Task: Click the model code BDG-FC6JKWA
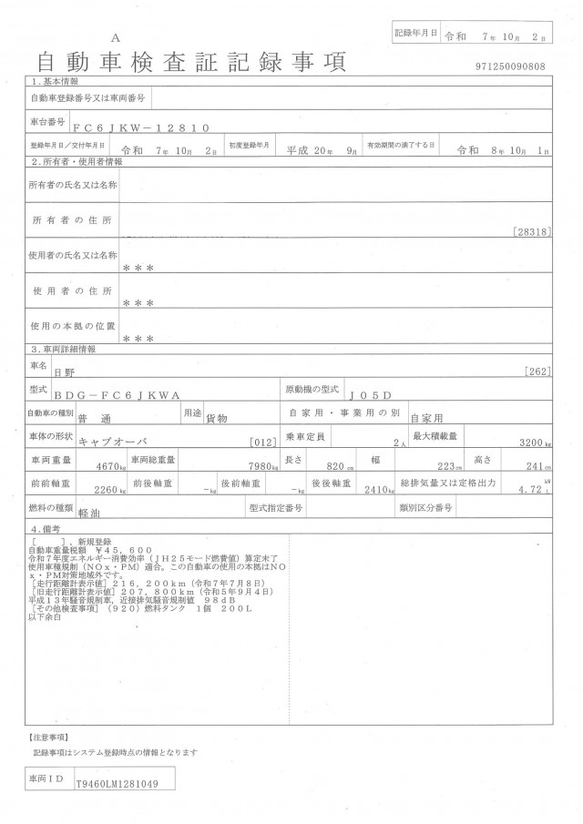(x=130, y=394)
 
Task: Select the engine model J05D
(x=370, y=394)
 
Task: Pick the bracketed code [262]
(x=538, y=371)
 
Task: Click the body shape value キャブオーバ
(x=110, y=442)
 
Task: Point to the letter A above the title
(x=115, y=38)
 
